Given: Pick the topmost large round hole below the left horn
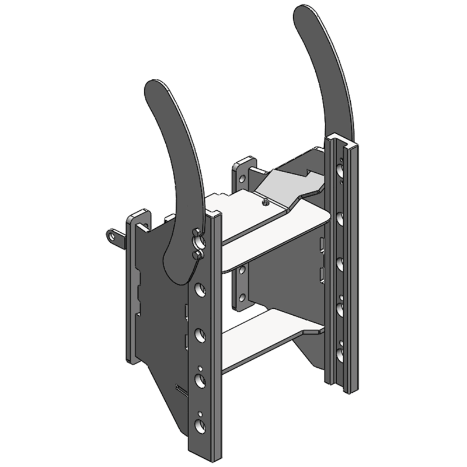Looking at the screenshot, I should click(x=200, y=288).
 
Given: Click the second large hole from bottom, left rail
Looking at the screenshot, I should click(x=200, y=381).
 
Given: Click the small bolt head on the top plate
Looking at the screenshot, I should click(x=264, y=203).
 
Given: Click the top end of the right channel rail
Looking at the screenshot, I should click(x=340, y=139).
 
